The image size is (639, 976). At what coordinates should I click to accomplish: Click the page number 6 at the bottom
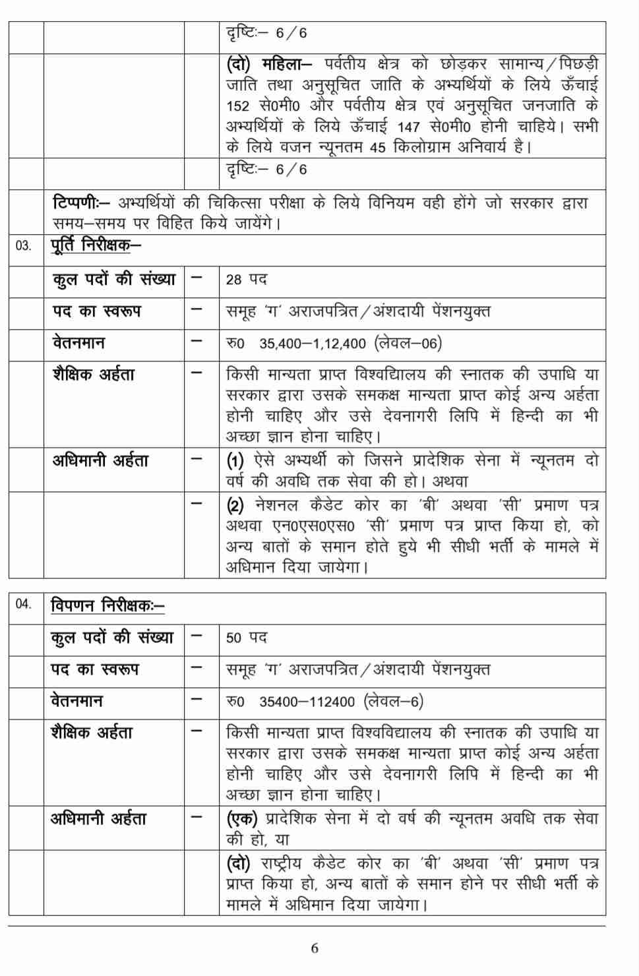coord(314,948)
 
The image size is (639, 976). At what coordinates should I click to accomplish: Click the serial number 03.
coord(23,247)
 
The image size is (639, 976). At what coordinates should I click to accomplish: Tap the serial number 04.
coord(23,604)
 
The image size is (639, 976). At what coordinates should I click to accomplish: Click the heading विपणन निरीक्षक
coord(107,605)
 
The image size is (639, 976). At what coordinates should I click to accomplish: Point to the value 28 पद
coord(246,280)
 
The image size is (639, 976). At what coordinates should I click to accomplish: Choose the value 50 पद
coord(246,638)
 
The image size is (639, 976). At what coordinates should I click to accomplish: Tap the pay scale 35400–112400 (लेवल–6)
coord(341,702)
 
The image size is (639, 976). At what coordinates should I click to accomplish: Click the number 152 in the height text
coord(237,107)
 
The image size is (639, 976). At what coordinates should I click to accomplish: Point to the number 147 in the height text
coord(409,127)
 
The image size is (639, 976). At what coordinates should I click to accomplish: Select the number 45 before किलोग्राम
coord(377,148)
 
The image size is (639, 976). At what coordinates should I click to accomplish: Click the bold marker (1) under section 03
coord(235,460)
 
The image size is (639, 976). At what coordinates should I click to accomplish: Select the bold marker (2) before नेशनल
coord(235,506)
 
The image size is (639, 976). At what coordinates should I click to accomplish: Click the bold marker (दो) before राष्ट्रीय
coord(238,863)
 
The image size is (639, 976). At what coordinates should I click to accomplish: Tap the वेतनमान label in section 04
coord(76,701)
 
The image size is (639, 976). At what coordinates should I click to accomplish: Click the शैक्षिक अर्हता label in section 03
coord(93,375)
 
